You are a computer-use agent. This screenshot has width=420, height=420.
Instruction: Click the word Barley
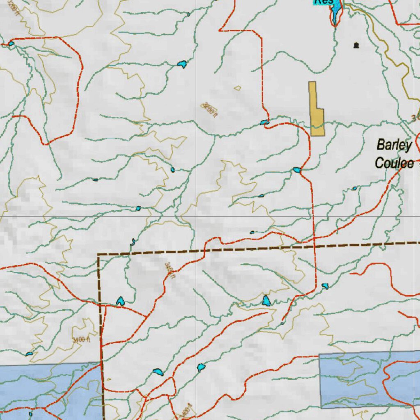pos(394,145)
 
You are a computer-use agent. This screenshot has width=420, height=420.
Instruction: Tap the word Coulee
pos(394,163)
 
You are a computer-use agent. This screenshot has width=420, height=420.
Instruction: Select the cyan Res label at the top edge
pos(324,2)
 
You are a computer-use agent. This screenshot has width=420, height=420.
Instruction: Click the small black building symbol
pos(356,45)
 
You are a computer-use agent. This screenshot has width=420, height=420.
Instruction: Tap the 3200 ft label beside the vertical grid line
pos(209,110)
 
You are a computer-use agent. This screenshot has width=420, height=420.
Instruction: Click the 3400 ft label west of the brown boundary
pos(81,340)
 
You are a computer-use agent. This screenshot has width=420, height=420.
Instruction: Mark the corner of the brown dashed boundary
pos(98,255)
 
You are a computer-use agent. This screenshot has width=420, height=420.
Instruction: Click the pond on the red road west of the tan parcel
pos(265,122)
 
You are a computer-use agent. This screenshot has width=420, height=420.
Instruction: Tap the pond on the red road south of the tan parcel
pos(297,170)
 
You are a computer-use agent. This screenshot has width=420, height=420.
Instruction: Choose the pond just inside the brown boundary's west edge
pos(120,301)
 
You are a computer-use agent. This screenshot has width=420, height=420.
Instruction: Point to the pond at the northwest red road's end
pos(11,43)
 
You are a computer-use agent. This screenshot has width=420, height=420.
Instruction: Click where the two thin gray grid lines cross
pos(196,216)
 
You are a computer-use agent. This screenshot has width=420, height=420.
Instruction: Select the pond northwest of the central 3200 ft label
pos(182,64)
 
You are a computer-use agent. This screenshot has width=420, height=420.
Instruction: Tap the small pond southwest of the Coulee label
pos(354,189)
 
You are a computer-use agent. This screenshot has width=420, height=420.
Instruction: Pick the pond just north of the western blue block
pos(29,354)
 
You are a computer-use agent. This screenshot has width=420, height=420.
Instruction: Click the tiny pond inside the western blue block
pos(30,414)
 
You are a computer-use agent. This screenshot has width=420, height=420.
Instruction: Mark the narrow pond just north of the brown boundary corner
pos(132,242)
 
